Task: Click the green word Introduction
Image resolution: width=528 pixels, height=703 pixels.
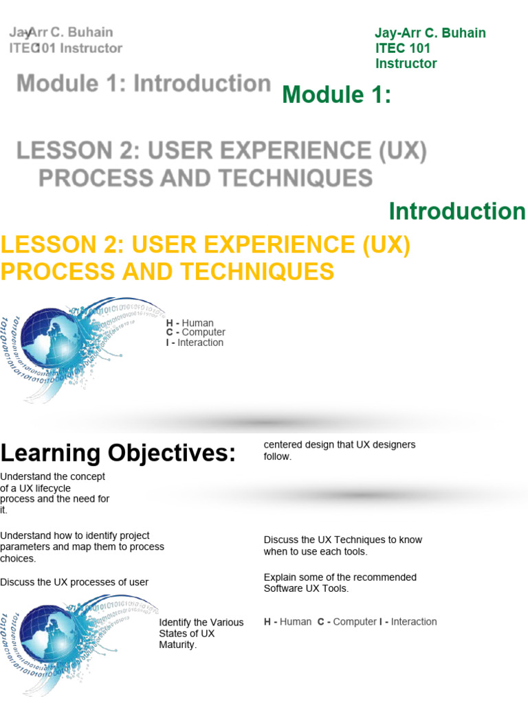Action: tap(456, 211)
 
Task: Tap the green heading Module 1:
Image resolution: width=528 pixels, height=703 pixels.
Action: tap(336, 95)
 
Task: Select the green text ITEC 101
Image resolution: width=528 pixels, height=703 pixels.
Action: tap(403, 48)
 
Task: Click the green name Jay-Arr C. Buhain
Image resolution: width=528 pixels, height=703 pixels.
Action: tap(430, 33)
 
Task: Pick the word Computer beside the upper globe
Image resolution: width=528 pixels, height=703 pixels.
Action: tap(203, 332)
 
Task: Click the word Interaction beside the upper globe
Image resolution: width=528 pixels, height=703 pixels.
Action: tap(200, 343)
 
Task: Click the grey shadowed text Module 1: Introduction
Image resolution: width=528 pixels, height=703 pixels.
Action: tap(144, 84)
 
